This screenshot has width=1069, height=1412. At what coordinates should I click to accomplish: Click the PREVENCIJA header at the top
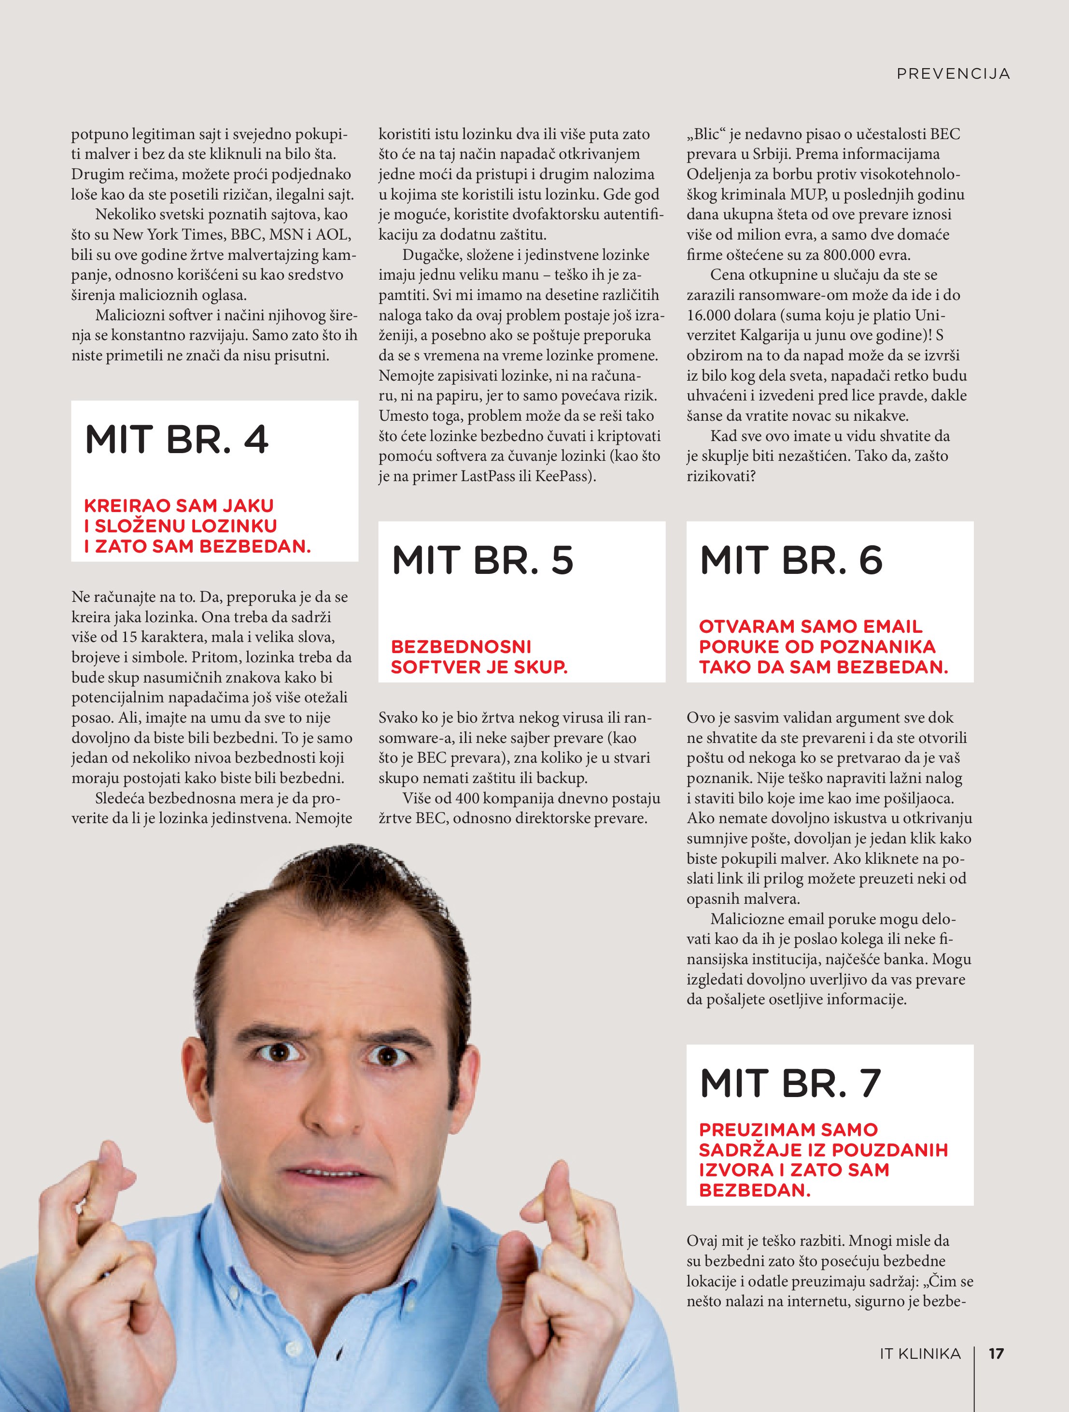953,74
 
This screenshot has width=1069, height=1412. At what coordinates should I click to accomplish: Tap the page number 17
996,1371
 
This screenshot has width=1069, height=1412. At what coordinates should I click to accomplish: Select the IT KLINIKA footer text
920,1371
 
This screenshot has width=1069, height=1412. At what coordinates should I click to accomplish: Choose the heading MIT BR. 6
791,560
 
